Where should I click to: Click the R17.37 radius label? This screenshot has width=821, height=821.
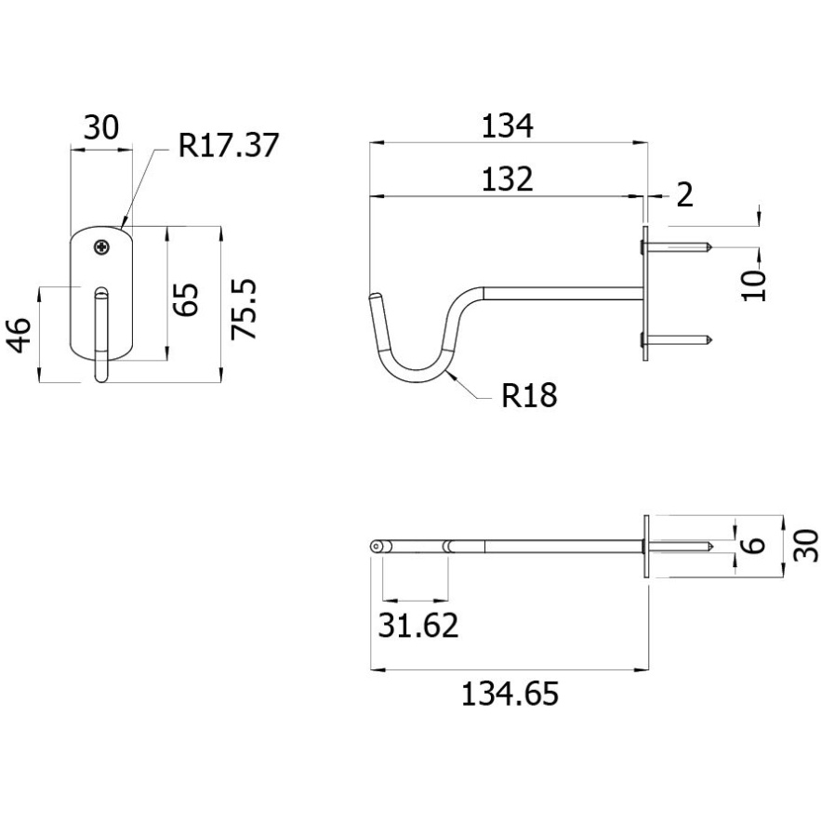click(x=229, y=145)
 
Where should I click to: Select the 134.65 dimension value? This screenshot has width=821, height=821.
click(x=510, y=694)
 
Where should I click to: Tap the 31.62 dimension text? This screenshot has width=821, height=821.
click(x=417, y=625)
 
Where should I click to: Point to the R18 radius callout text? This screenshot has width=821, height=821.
click(x=529, y=395)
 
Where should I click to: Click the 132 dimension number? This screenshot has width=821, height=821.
click(x=507, y=179)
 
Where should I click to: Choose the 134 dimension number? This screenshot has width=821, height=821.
click(x=507, y=126)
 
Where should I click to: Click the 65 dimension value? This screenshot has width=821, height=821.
click(x=186, y=299)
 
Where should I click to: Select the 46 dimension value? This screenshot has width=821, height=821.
click(x=18, y=335)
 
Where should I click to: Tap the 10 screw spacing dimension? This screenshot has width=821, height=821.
click(x=754, y=285)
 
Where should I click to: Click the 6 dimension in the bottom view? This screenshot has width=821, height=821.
click(x=754, y=545)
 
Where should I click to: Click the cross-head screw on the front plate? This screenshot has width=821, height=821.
click(x=102, y=246)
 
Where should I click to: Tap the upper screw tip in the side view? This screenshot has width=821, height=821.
click(x=709, y=246)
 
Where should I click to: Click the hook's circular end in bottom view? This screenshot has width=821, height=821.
click(x=376, y=547)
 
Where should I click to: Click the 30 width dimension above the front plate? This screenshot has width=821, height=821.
click(x=101, y=127)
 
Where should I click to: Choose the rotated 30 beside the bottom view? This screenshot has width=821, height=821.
click(x=805, y=546)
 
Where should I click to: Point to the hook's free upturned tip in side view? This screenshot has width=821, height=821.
click(x=375, y=297)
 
